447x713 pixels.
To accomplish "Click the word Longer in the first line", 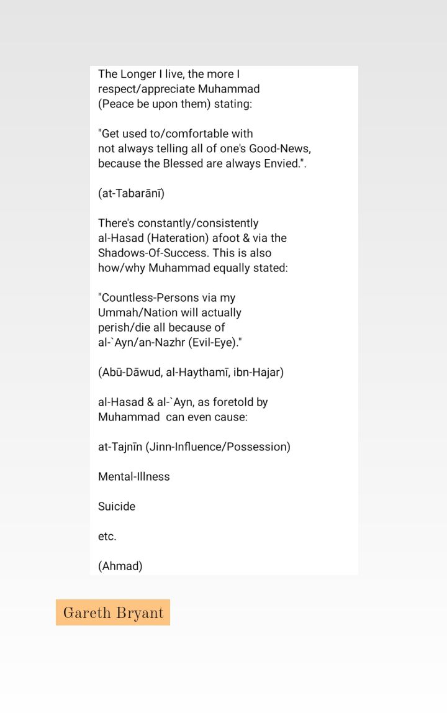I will pos(138,75).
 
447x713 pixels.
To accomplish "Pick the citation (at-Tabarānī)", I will pos(131,194).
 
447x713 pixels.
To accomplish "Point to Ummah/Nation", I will pos(138,313).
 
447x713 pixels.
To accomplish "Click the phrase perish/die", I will pos(127,328).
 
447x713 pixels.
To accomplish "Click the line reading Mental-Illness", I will pos(133,477).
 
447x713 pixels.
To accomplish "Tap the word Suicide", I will pos(117,507).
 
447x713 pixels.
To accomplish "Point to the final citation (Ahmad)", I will pos(120,566).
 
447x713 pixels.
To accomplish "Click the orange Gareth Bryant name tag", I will pos(113,613).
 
